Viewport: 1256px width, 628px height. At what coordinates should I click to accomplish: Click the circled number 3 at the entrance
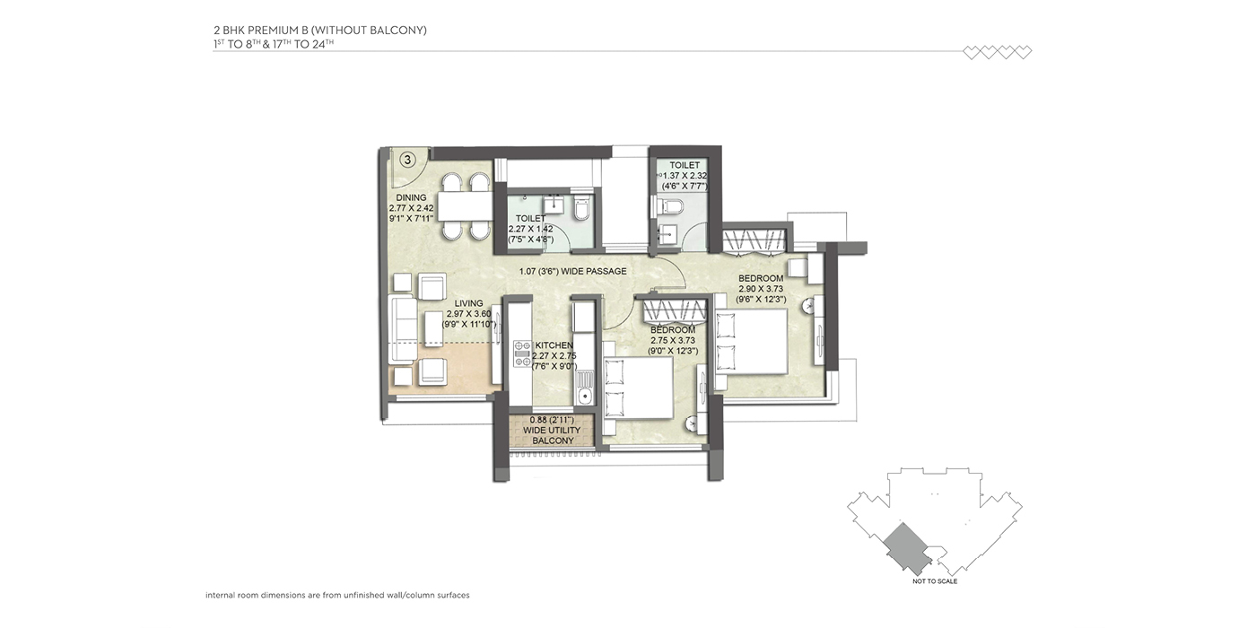click(407, 160)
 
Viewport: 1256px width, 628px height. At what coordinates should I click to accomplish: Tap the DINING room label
click(411, 197)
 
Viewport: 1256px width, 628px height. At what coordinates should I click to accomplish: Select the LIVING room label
click(468, 303)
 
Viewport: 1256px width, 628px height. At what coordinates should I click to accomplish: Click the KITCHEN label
click(554, 345)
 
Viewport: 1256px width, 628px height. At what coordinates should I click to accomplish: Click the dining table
click(465, 206)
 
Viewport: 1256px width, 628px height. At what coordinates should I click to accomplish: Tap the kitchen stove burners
click(522, 353)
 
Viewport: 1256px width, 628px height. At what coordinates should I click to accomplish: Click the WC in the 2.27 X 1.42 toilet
click(580, 207)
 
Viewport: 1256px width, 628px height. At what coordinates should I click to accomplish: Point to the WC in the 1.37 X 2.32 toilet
click(670, 206)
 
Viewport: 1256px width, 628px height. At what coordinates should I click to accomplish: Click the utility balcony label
click(552, 430)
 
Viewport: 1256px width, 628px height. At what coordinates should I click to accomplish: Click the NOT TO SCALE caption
click(935, 581)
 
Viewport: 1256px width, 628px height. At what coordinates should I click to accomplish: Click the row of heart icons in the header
click(997, 53)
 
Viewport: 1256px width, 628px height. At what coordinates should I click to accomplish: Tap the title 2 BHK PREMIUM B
click(275, 31)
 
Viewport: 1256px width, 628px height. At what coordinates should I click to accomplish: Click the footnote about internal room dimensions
click(337, 595)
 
